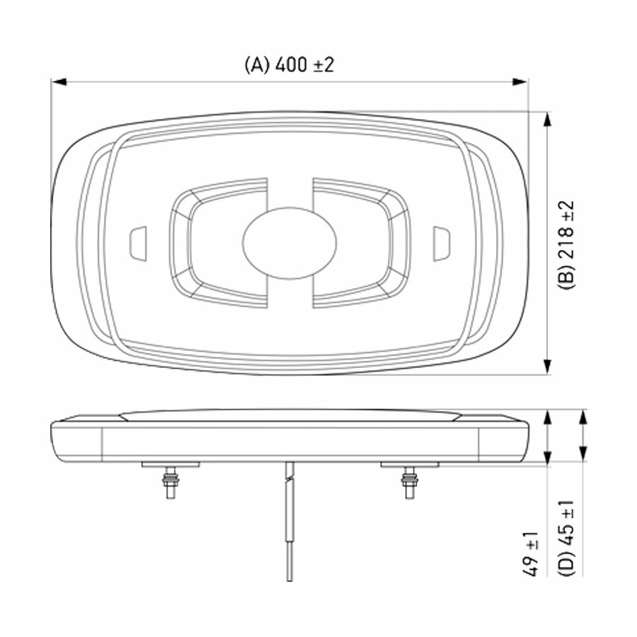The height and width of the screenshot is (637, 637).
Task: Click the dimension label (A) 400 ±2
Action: pyautogui.click(x=289, y=64)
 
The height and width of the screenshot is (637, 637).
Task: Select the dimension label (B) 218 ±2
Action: pyautogui.click(x=567, y=245)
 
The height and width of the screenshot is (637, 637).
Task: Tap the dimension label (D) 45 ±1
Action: pyautogui.click(x=567, y=538)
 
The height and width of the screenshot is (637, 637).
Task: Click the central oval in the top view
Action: pyautogui.click(x=289, y=242)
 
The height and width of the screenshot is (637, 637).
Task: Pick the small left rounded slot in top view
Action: pyautogui.click(x=137, y=243)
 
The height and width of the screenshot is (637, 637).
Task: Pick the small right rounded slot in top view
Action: pyautogui.click(x=441, y=243)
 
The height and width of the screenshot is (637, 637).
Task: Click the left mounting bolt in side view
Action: pyautogui.click(x=171, y=483)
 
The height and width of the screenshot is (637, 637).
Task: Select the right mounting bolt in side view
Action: pyautogui.click(x=409, y=483)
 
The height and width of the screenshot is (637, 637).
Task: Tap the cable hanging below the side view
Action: pyautogui.click(x=289, y=524)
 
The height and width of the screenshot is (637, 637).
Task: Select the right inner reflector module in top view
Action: pyautogui.click(x=362, y=243)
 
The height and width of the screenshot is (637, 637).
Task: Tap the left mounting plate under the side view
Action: pyautogui.click(x=171, y=464)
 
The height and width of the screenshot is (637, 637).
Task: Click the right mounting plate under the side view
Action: pyautogui.click(x=409, y=464)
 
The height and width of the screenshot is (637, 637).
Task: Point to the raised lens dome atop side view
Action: pyautogui.click(x=289, y=414)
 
